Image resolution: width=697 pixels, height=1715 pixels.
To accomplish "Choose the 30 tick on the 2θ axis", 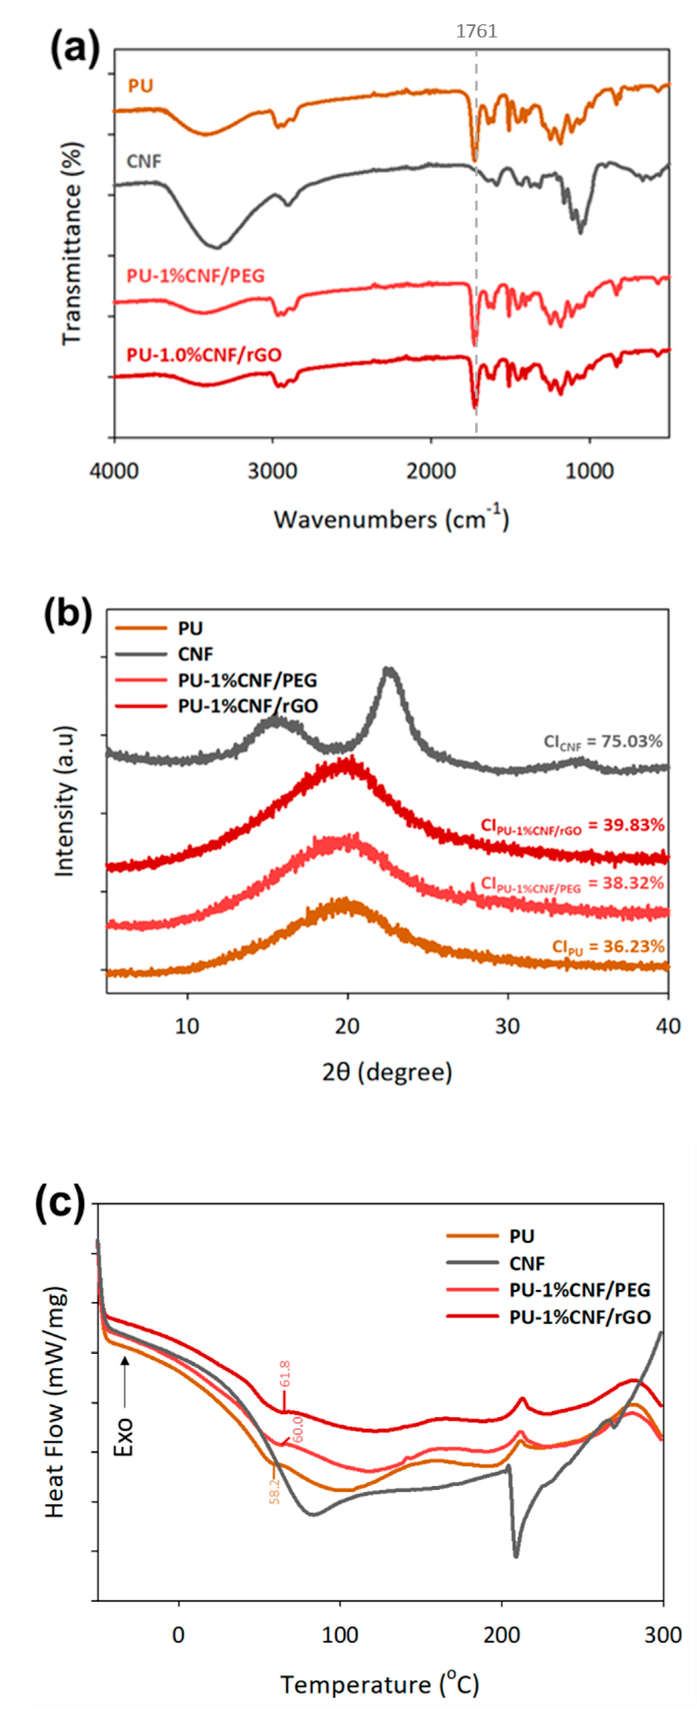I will tap(508, 1026).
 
